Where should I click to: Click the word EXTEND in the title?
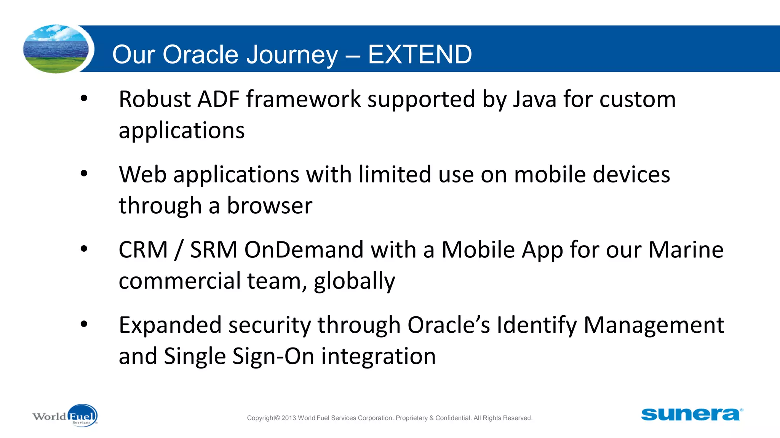point(420,54)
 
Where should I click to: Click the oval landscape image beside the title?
point(56,49)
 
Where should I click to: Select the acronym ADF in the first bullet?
point(218,99)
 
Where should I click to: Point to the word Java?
point(534,99)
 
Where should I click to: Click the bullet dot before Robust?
point(84,98)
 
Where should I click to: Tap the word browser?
point(270,206)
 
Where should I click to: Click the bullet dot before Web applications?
point(84,174)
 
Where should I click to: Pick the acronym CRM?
point(143,250)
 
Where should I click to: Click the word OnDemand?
point(304,250)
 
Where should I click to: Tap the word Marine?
point(686,250)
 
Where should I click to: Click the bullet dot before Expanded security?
point(84,324)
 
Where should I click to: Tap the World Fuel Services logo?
point(66,416)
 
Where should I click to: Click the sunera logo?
point(691,414)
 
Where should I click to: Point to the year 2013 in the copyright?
point(289,418)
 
